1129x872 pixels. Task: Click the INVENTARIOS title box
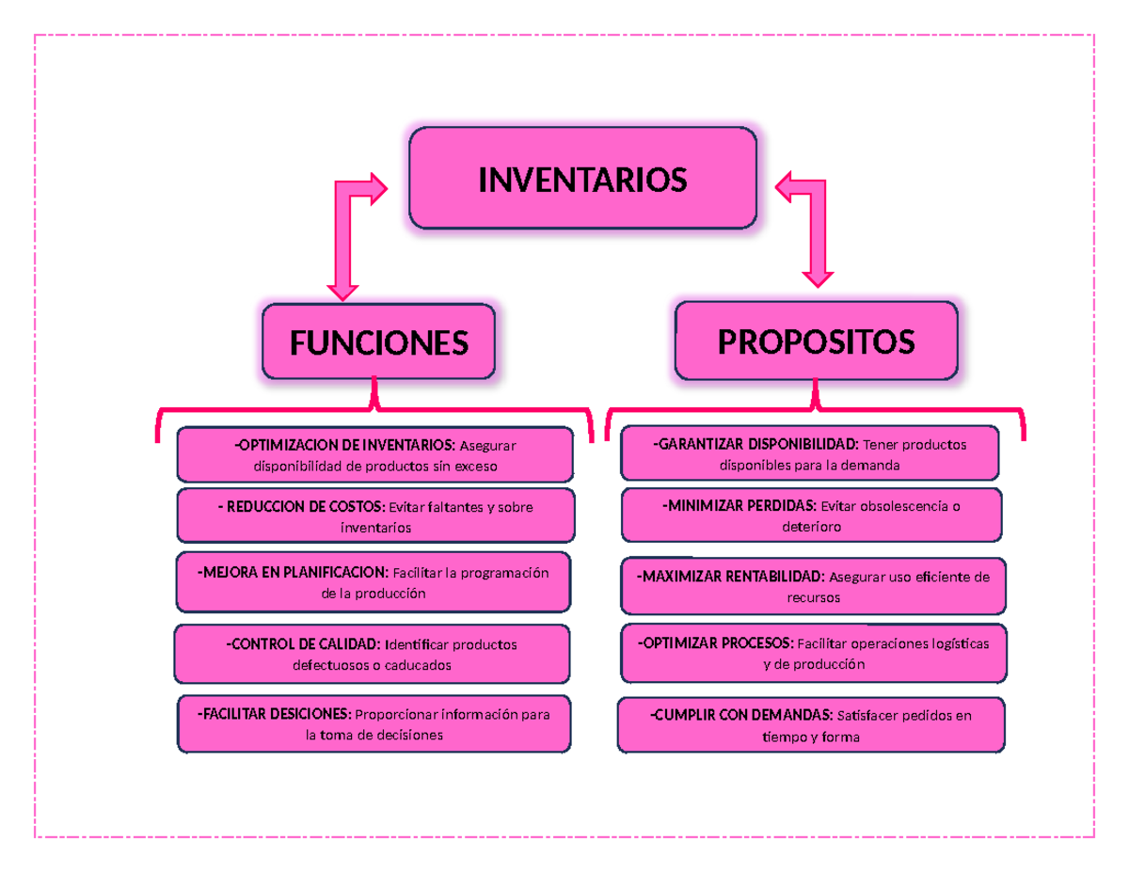point(582,179)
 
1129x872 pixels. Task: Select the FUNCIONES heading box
point(378,342)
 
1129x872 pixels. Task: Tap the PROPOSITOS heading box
point(816,341)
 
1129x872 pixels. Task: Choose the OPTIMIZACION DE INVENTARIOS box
point(374,455)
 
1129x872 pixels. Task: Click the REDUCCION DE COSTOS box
point(375,516)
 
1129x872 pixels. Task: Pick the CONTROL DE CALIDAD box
point(372,654)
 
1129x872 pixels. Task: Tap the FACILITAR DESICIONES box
point(374,724)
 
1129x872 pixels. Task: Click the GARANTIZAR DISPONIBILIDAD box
point(809,453)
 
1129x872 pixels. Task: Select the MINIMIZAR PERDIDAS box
point(811,515)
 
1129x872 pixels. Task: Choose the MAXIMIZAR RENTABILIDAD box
point(813,586)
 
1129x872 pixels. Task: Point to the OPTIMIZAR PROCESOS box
point(813,654)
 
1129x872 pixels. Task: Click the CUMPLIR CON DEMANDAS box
point(811,725)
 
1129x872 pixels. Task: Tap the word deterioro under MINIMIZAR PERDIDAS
point(811,528)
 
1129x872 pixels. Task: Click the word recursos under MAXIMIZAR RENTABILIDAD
point(813,597)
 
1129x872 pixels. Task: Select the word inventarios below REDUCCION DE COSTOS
point(375,529)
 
